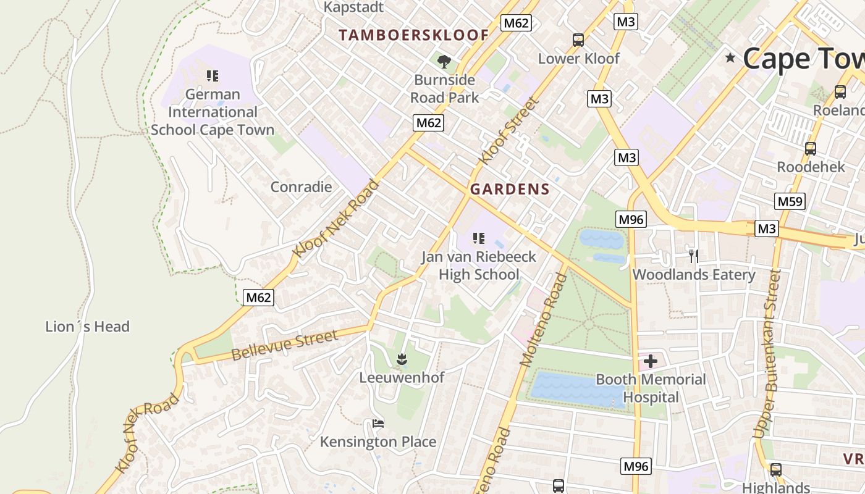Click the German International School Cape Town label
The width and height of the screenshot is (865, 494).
[213, 112]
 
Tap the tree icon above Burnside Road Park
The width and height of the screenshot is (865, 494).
[444, 61]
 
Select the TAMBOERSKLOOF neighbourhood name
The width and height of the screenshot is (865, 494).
[414, 35]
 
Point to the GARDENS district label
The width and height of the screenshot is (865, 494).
[510, 190]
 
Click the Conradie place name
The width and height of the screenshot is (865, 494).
[301, 186]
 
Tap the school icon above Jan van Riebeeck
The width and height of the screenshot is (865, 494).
[478, 238]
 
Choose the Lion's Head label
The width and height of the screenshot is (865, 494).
[87, 327]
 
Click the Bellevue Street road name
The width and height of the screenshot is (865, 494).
[285, 345]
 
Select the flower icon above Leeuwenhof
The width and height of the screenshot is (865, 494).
[402, 359]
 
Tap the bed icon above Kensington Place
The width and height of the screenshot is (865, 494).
[378, 424]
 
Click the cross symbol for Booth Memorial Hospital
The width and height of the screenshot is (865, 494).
[650, 361]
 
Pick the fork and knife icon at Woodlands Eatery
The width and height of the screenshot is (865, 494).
[693, 256]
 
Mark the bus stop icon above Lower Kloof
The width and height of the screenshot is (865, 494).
[578, 40]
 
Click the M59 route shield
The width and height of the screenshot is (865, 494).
[790, 201]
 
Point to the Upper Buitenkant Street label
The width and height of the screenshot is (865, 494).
[768, 354]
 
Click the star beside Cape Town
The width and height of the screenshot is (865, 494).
[731, 58]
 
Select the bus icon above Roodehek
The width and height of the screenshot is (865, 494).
[810, 149]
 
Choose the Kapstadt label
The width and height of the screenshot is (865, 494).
[354, 7]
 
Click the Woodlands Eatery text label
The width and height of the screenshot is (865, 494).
[694, 275]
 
